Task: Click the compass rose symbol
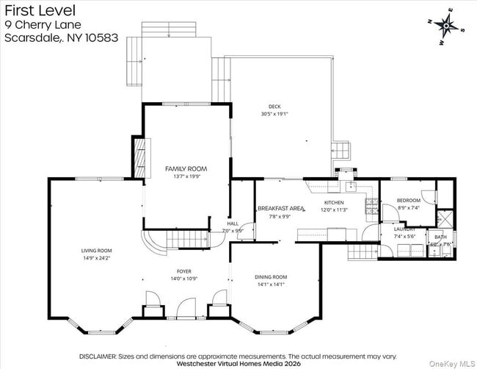click(x=445, y=27)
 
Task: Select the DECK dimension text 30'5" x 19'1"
click(x=274, y=114)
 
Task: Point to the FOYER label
click(x=183, y=271)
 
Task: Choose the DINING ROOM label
click(x=271, y=276)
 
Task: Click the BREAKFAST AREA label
click(x=280, y=209)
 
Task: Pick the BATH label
click(x=440, y=237)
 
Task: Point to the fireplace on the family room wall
click(x=137, y=157)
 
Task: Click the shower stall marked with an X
click(x=444, y=219)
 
